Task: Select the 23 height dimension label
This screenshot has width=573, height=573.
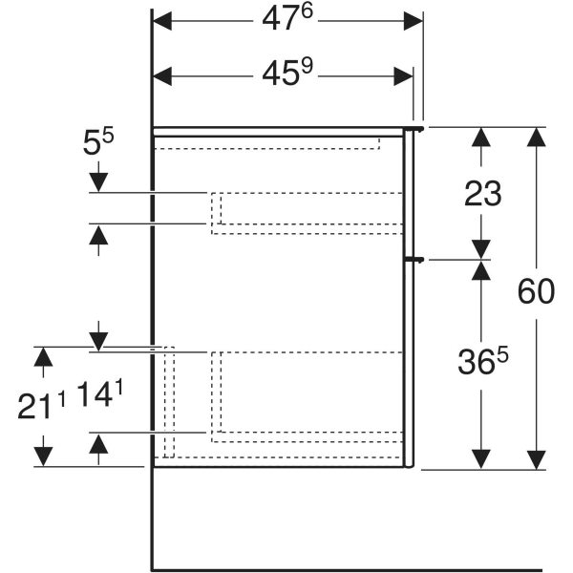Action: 482,194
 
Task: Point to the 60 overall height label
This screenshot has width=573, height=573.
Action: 535,291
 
